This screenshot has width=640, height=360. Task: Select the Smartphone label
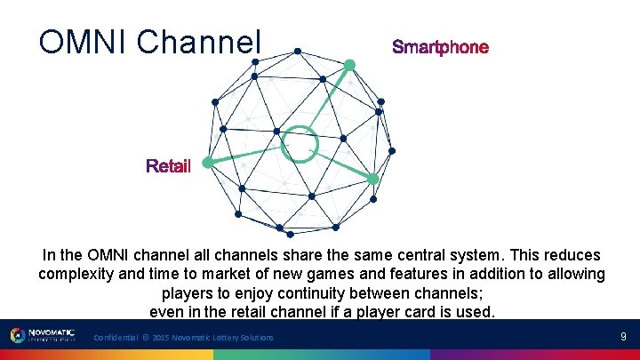click(x=440, y=47)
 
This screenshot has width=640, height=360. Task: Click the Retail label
click(x=168, y=166)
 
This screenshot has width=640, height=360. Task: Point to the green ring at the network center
click(x=299, y=143)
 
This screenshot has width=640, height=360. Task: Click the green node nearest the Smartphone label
click(x=349, y=64)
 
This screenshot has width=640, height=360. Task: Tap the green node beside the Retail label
click(x=207, y=163)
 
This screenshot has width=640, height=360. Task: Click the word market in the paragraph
click(x=249, y=274)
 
